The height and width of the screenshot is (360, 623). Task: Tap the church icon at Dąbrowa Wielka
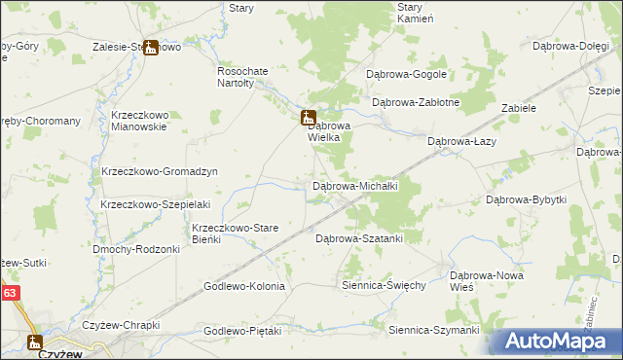pyautogui.click(x=307, y=117)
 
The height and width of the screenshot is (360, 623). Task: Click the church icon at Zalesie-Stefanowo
pyautogui.click(x=150, y=47)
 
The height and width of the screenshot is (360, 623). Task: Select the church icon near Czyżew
pyautogui.click(x=35, y=342)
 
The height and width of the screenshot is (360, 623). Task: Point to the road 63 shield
pyautogui.click(x=10, y=293)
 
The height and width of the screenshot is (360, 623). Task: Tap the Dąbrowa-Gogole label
pyautogui.click(x=405, y=74)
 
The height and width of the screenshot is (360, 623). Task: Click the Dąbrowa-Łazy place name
pyautogui.click(x=463, y=141)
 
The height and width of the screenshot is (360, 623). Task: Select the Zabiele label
pyautogui.click(x=519, y=108)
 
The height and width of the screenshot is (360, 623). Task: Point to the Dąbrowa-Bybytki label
pyautogui.click(x=526, y=199)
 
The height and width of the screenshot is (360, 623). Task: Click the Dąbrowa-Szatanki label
pyautogui.click(x=358, y=237)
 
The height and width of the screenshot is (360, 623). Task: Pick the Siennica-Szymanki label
pyautogui.click(x=433, y=331)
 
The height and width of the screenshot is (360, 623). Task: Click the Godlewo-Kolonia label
pyautogui.click(x=243, y=286)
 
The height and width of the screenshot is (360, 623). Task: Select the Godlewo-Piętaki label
pyautogui.click(x=242, y=331)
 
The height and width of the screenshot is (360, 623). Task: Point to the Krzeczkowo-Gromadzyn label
pyautogui.click(x=159, y=171)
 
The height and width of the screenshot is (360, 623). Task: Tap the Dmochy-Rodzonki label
pyautogui.click(x=136, y=249)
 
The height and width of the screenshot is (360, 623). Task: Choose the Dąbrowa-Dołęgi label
pyautogui.click(x=570, y=45)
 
